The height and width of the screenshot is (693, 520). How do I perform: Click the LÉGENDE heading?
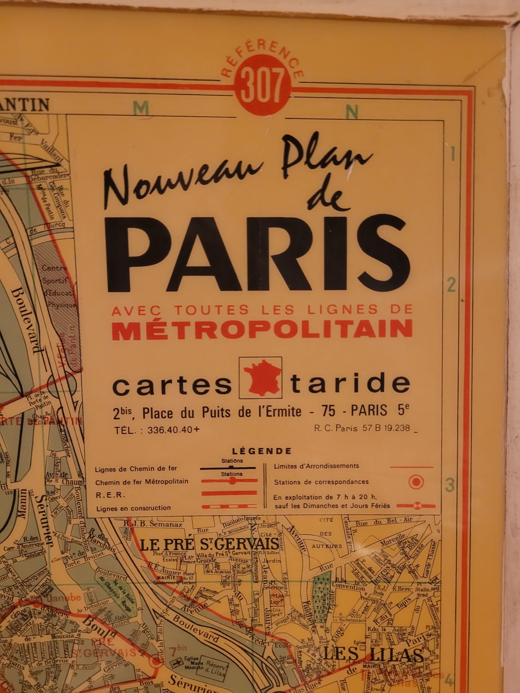tap(262, 451)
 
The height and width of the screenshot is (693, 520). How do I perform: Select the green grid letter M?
tap(141, 108)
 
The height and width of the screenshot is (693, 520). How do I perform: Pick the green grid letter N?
tap(351, 112)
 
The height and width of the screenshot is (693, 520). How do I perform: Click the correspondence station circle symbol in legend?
tap(416, 482)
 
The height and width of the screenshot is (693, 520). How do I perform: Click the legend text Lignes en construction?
tap(133, 508)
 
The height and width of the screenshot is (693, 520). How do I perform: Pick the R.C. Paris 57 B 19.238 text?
tap(362, 428)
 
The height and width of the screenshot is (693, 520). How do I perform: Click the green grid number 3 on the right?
tap(450, 485)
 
